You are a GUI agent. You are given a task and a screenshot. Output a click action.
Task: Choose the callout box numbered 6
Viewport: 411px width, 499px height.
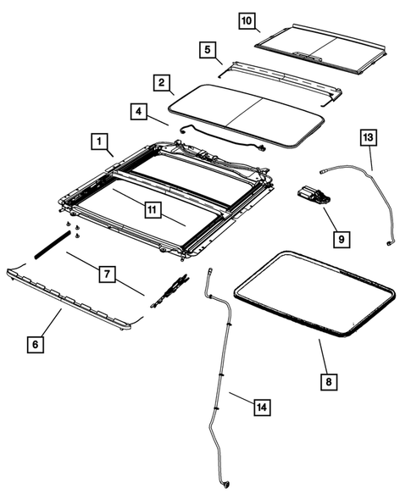tap(35, 345)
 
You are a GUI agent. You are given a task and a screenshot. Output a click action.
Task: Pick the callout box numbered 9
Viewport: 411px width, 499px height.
tap(340, 240)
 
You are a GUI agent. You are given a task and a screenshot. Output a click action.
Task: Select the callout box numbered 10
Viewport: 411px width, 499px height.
tap(247, 19)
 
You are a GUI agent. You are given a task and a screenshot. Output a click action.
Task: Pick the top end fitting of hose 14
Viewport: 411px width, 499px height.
tap(208, 270)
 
